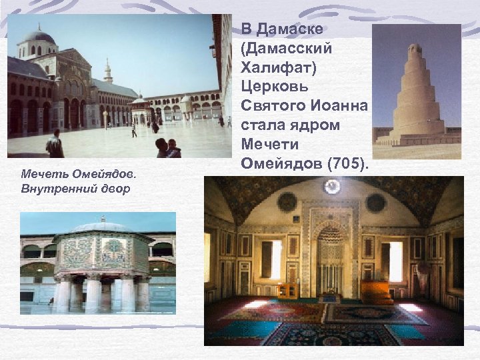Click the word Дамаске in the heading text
[291, 29]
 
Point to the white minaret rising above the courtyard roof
[107, 72]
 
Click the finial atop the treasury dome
[102, 218]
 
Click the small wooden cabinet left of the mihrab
[288, 291]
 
